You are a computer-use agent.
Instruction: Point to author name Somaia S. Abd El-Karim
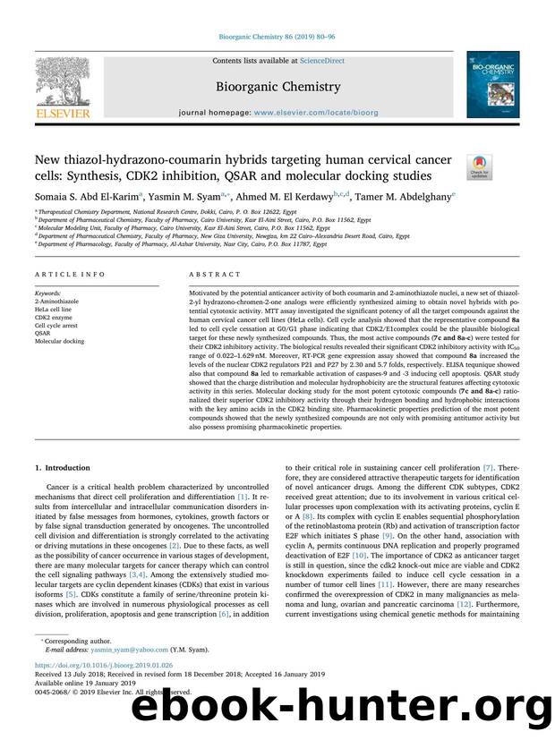click(x=80, y=197)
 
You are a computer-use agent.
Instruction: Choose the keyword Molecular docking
click(x=59, y=341)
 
